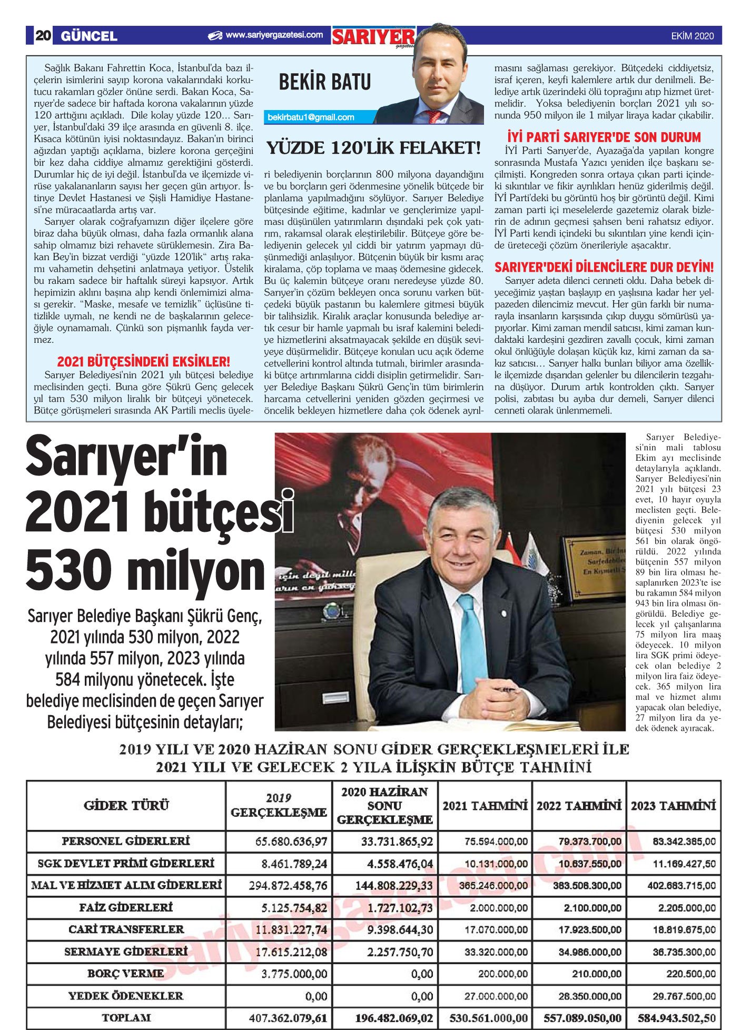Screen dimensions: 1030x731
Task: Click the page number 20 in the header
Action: coord(43,36)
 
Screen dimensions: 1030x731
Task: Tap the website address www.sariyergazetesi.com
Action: coord(274,35)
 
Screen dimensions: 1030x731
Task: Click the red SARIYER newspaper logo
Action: coord(373,37)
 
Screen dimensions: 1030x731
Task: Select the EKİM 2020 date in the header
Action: coord(692,36)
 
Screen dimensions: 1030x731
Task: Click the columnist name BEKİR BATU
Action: coord(324,82)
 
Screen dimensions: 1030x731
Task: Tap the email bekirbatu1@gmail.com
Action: coord(311,117)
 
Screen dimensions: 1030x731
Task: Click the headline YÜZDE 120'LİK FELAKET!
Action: coord(373,148)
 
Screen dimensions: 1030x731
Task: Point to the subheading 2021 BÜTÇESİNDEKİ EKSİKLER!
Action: coord(143,362)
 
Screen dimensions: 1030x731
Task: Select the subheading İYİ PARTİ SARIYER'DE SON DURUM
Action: coord(604,137)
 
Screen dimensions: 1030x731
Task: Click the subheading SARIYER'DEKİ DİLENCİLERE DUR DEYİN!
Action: coord(604,267)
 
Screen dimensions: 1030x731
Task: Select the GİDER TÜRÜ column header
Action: coord(126,806)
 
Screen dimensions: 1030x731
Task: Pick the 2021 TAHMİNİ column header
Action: coord(485,806)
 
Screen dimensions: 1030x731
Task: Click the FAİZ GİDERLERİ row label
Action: coord(126,908)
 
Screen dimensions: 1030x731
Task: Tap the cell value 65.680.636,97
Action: coord(291,841)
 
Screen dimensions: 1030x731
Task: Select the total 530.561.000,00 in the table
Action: coord(488,1018)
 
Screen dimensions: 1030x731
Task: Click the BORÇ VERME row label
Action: coord(126,974)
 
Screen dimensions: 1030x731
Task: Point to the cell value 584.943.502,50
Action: coord(676,1018)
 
